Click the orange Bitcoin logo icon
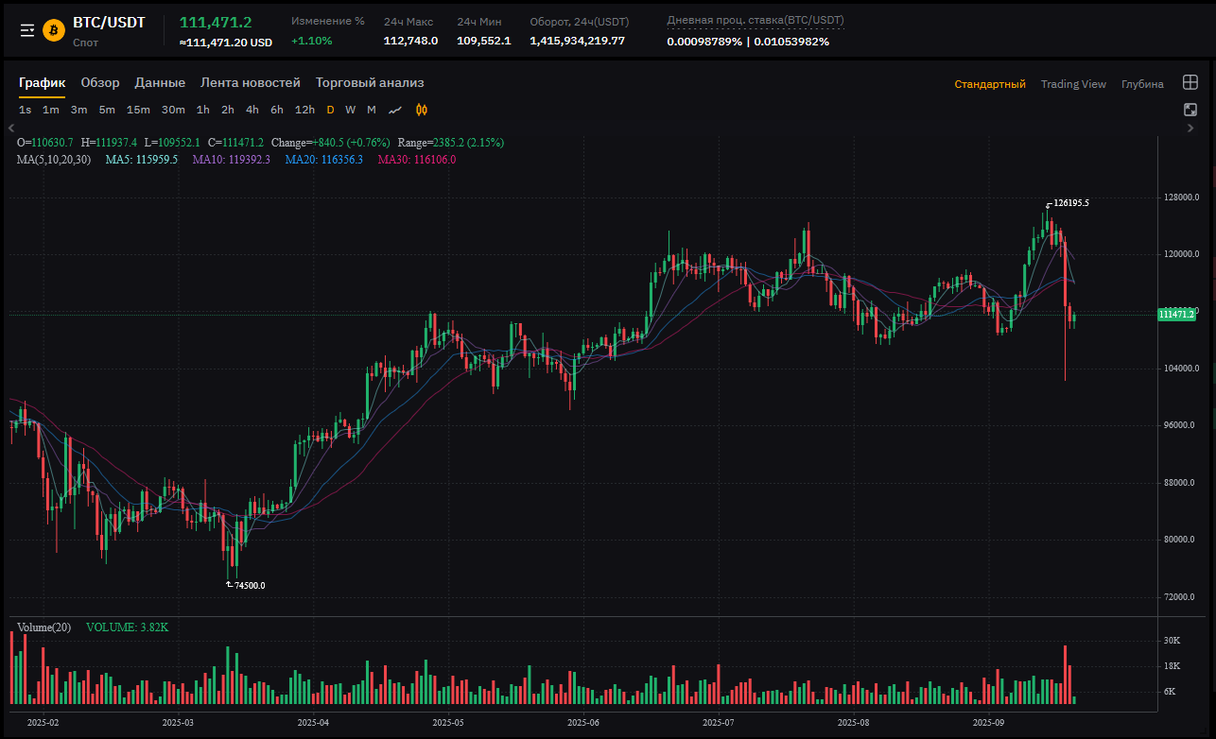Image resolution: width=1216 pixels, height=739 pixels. [x=53, y=30]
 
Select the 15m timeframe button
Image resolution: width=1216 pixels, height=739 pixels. [x=138, y=110]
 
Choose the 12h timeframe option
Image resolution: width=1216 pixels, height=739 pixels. [x=304, y=110]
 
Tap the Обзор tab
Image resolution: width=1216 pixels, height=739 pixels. [x=100, y=83]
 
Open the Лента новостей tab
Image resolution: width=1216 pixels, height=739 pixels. [x=251, y=83]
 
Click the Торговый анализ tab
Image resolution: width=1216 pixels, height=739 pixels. [x=370, y=83]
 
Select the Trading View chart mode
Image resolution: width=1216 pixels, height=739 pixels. [x=1073, y=84]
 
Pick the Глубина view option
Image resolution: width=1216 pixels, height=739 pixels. [x=1142, y=84]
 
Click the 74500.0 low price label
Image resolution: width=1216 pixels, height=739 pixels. [x=250, y=586]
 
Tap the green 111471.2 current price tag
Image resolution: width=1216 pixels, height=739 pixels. [x=1176, y=314]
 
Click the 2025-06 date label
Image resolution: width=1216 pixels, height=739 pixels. [x=583, y=722]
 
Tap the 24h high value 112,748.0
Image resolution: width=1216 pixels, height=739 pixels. [x=410, y=41]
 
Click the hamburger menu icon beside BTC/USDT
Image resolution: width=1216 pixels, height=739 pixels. [x=27, y=30]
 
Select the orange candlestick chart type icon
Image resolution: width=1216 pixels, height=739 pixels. [x=422, y=110]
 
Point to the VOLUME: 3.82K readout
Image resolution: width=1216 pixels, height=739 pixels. [x=127, y=627]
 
